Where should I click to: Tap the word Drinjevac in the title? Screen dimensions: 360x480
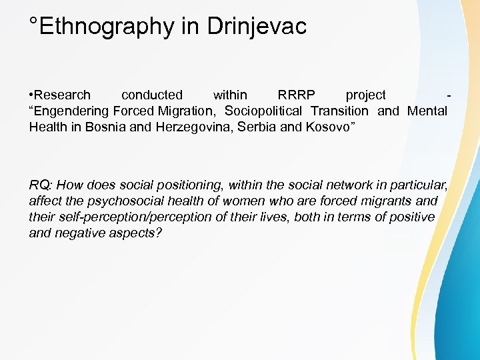pyautogui.click(x=257, y=27)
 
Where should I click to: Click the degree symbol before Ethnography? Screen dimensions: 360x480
pyautogui.click(x=34, y=21)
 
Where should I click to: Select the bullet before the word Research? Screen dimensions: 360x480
pyautogui.click(x=31, y=95)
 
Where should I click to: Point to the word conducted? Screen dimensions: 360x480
pyautogui.click(x=151, y=95)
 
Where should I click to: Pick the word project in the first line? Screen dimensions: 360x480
pyautogui.click(x=365, y=95)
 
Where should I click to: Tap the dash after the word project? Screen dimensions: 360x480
pyautogui.click(x=453, y=95)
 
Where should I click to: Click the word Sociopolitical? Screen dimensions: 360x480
pyautogui.click(x=263, y=111)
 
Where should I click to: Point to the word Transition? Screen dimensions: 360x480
pyautogui.click(x=339, y=111)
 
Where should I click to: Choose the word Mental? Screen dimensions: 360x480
pyautogui.click(x=427, y=111)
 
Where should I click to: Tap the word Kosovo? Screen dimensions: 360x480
pyautogui.click(x=331, y=127)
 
